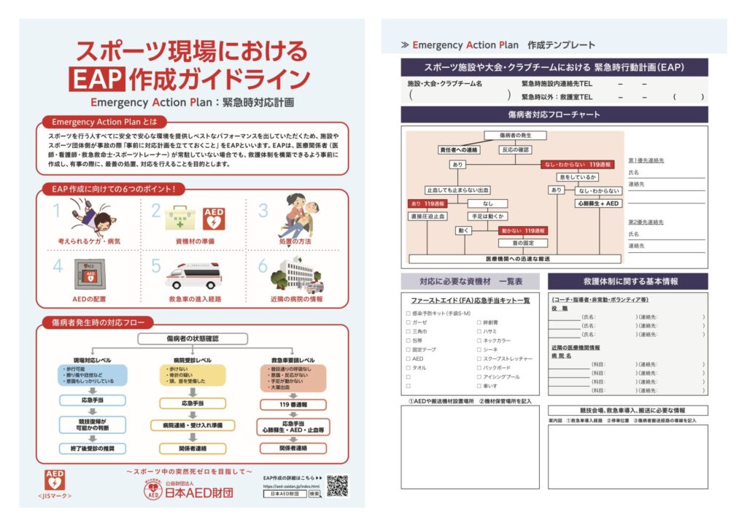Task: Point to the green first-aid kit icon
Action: [179, 217]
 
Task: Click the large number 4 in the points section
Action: [58, 267]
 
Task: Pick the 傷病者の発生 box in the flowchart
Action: [516, 136]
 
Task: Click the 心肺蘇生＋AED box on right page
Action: [597, 203]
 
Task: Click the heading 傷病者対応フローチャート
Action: [554, 114]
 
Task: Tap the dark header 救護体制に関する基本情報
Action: [627, 282]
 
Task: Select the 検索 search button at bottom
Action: [314, 494]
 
